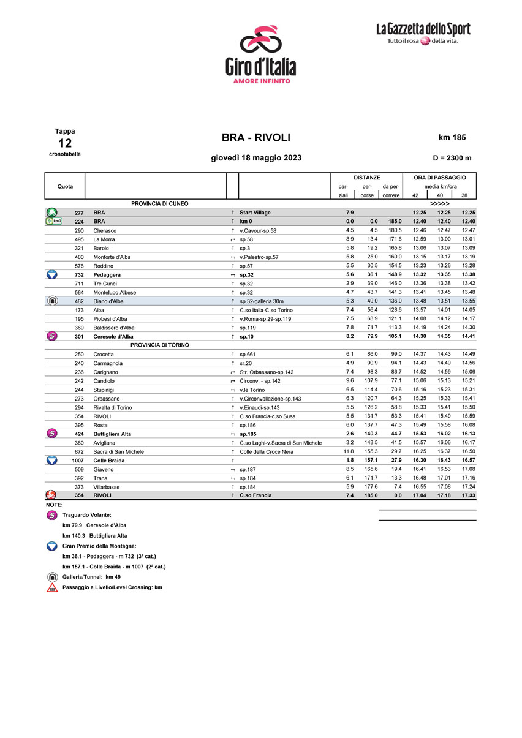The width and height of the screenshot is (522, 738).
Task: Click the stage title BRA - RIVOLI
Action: click(x=256, y=138)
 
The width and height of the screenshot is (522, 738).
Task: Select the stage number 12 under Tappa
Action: click(x=65, y=143)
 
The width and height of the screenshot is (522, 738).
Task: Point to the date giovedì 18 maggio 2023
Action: click(x=256, y=158)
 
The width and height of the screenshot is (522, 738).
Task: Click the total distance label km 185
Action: click(x=452, y=138)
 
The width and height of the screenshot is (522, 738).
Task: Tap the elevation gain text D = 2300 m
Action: click(x=452, y=158)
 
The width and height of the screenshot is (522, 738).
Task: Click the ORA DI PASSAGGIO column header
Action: click(x=439, y=177)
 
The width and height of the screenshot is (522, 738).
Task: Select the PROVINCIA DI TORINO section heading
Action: click(x=159, y=345)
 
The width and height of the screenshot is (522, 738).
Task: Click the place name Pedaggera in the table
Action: click(x=107, y=275)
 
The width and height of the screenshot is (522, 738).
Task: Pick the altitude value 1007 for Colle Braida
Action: click(x=77, y=461)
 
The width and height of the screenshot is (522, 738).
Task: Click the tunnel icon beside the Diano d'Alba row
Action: click(x=52, y=301)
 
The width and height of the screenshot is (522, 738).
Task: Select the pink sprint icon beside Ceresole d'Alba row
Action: click(x=52, y=336)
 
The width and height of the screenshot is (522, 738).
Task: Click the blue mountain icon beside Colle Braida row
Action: click(x=52, y=460)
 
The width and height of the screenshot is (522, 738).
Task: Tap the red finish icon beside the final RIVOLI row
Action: click(x=52, y=495)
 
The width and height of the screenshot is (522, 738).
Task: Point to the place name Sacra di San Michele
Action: click(x=118, y=451)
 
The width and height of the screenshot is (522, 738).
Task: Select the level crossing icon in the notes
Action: click(x=53, y=587)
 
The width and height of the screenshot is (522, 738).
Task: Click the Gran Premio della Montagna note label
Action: click(x=99, y=546)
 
